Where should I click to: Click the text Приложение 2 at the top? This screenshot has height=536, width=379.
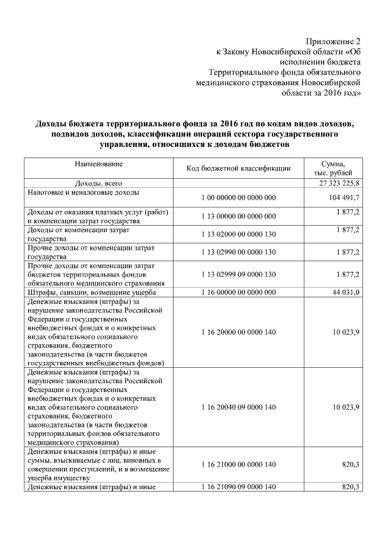(333, 41)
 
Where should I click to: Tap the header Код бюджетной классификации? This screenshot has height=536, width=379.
(238, 168)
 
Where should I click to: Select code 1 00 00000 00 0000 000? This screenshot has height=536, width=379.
(238, 197)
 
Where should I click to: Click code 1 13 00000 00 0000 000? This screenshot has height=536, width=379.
(238, 216)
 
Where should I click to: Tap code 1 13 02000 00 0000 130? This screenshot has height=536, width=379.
(238, 235)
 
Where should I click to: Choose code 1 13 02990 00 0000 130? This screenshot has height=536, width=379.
(238, 253)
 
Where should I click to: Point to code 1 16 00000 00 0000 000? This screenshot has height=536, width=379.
(238, 293)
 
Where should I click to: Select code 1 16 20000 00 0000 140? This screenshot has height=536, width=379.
(238, 332)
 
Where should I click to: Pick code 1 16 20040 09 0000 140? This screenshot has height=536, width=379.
(238, 406)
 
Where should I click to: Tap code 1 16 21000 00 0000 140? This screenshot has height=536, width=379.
(238, 465)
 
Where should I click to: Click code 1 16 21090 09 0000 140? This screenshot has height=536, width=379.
(238, 487)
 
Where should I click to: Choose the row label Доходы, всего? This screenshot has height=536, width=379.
(98, 184)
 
